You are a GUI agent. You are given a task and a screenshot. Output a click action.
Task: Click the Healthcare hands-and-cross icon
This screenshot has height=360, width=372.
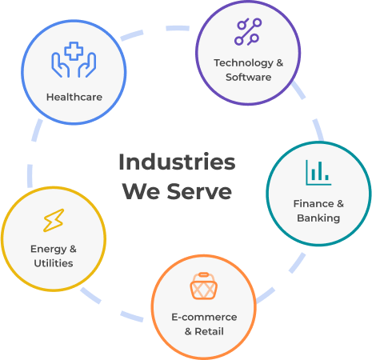(x=74, y=60)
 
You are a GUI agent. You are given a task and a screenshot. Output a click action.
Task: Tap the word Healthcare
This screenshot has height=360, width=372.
(x=74, y=97)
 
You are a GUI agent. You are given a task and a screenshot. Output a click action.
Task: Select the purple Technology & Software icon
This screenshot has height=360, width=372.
(x=248, y=32)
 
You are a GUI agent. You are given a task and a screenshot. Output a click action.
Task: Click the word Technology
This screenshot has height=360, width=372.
(x=243, y=63)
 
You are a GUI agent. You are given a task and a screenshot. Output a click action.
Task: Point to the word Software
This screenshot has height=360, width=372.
(x=248, y=77)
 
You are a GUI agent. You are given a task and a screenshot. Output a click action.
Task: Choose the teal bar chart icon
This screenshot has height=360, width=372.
(x=318, y=173)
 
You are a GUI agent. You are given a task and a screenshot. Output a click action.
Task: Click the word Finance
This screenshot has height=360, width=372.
(x=314, y=204)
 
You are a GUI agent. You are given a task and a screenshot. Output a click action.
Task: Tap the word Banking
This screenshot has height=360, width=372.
(x=318, y=218)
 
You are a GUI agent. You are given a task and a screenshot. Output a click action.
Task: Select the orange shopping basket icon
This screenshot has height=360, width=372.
(x=203, y=286)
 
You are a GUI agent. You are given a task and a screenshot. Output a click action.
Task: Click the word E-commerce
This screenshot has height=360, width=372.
(x=204, y=317)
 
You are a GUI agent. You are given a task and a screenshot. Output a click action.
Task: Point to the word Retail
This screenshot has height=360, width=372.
(x=209, y=331)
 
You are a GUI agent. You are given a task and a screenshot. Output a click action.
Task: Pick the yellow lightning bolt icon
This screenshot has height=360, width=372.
(x=54, y=220)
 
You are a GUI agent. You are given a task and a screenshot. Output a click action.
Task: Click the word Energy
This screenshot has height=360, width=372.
(x=48, y=250)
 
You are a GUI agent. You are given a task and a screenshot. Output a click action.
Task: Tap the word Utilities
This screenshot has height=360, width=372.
(x=54, y=263)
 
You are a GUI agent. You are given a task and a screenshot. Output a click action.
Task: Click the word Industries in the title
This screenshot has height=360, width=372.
(x=177, y=162)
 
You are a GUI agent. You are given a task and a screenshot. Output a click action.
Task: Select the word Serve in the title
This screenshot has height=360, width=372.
(x=199, y=191)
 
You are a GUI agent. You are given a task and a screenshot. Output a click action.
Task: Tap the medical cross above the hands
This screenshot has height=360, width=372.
(x=74, y=50)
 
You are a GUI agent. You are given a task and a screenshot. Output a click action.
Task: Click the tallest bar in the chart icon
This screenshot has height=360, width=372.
(x=319, y=170)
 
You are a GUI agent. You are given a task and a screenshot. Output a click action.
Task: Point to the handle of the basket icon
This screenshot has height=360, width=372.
(x=203, y=275)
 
